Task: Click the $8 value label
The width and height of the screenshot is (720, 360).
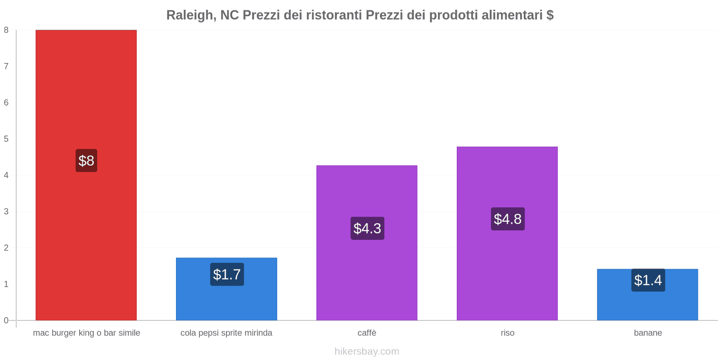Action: click(86, 161)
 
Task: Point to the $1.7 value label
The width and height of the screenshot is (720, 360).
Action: click(227, 274)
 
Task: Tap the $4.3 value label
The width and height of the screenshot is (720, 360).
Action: click(367, 229)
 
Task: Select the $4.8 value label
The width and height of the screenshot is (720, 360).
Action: click(508, 219)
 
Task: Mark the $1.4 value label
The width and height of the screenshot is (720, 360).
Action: click(648, 280)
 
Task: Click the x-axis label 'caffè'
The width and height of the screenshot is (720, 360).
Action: click(367, 333)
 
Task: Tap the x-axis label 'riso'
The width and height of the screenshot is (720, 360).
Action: click(507, 333)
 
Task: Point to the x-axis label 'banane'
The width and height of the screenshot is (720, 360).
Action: click(648, 333)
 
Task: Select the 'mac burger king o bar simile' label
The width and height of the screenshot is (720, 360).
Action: click(86, 333)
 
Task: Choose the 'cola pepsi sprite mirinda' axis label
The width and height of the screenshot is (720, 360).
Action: click(226, 333)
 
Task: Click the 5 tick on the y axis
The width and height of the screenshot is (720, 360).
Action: click(6, 139)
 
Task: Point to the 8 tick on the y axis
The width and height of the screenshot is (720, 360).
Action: click(6, 30)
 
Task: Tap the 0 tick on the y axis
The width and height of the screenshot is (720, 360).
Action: click(6, 320)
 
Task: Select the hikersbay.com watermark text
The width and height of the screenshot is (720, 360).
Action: click(367, 351)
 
